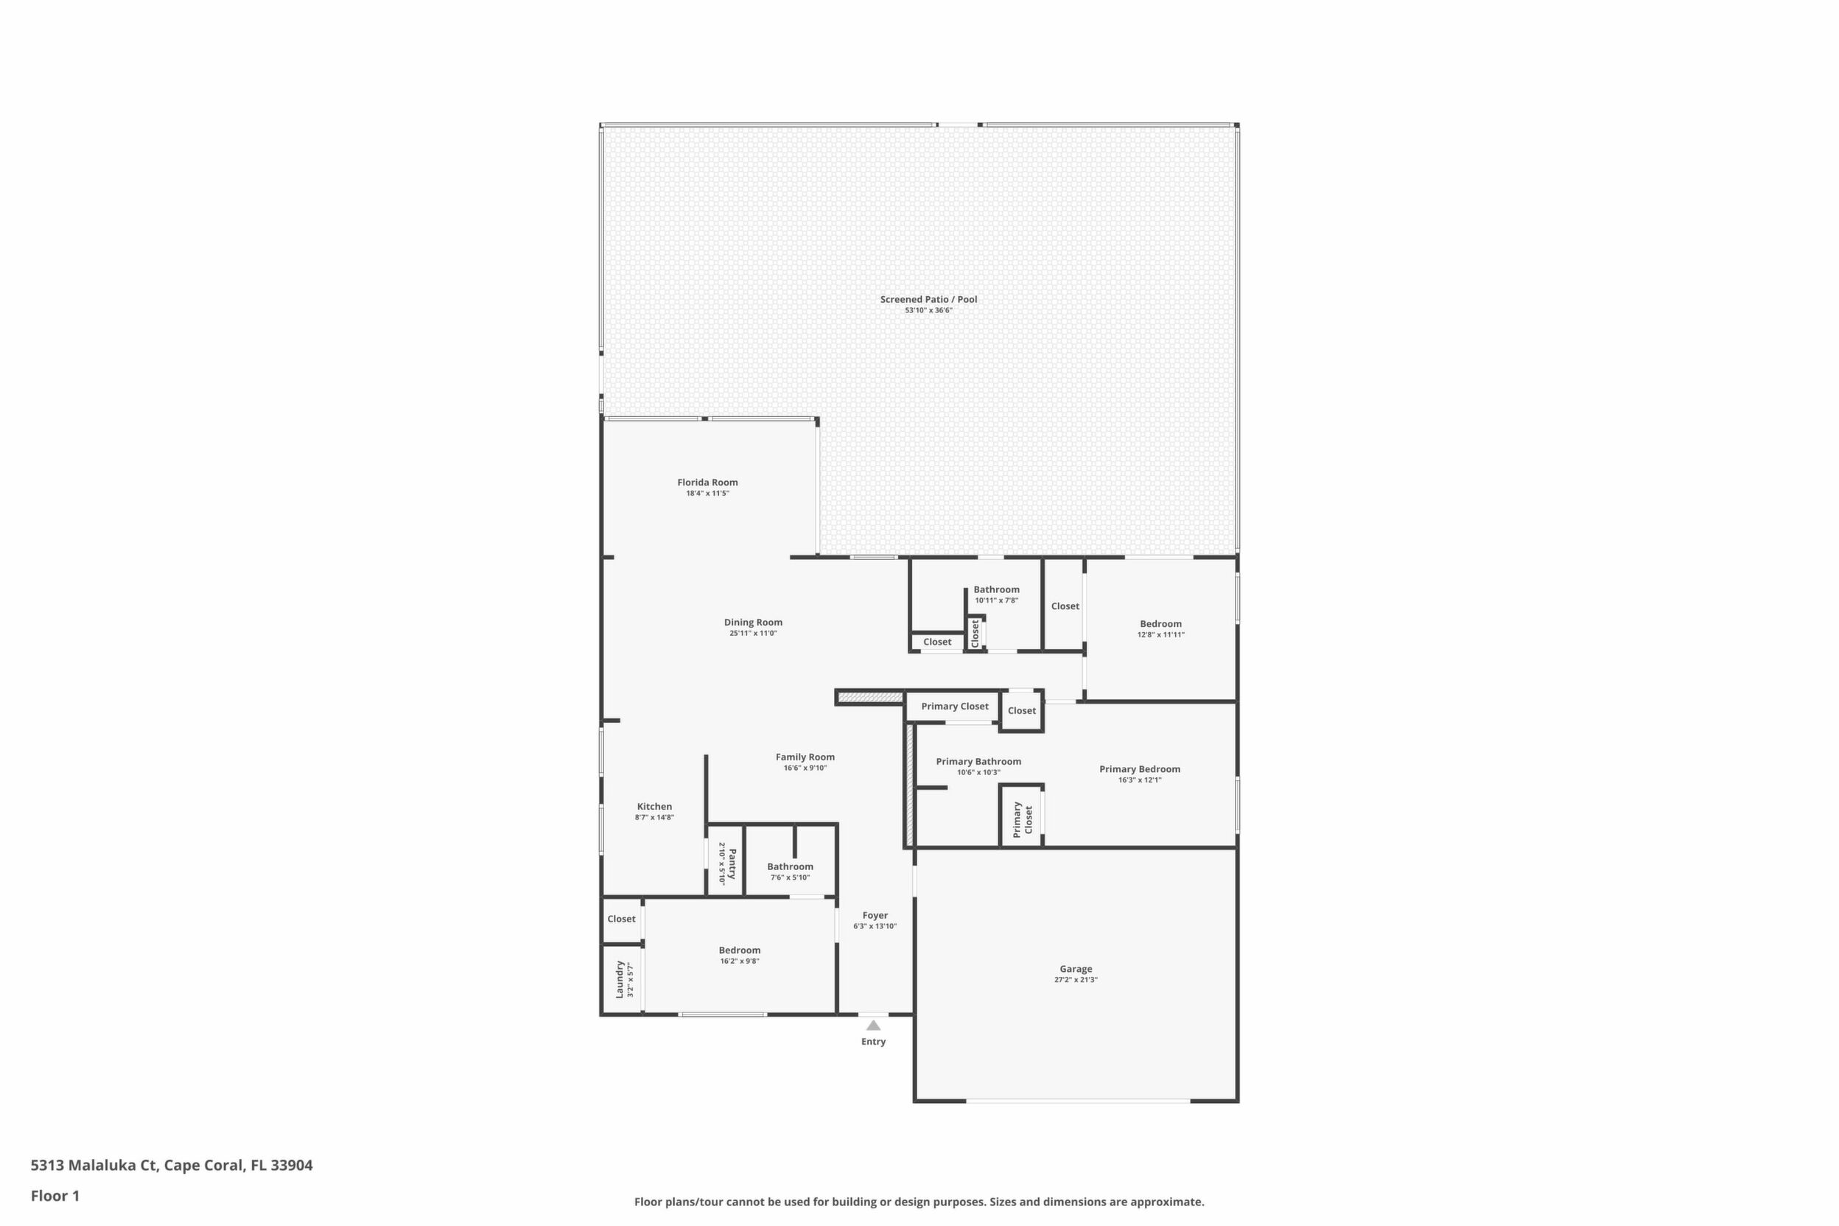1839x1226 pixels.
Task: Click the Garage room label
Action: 1076,969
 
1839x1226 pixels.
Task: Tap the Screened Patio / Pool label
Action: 928,299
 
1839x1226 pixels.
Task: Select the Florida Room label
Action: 707,483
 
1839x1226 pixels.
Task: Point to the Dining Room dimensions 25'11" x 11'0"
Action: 753,634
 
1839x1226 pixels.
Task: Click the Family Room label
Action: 805,757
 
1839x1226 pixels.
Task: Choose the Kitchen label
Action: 654,806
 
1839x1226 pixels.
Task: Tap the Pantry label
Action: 732,864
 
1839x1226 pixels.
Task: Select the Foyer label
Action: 875,915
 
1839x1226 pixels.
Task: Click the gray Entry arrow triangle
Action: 873,1025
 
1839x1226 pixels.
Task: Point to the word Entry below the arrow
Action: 873,1042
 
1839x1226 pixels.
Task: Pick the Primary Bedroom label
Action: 1139,768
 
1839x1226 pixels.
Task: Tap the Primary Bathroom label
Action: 978,762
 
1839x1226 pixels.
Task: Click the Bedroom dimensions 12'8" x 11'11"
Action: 1160,635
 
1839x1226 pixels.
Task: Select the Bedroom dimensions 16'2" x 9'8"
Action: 739,961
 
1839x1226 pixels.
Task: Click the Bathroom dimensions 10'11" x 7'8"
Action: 996,600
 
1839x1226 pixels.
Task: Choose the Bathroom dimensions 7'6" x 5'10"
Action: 790,878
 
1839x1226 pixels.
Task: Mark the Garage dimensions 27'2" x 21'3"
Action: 1076,980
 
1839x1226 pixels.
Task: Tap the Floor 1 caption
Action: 55,1196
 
